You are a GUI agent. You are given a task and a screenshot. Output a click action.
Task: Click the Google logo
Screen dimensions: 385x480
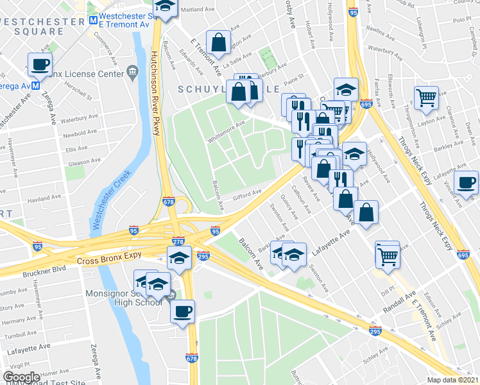pyautogui.click(x=21, y=377)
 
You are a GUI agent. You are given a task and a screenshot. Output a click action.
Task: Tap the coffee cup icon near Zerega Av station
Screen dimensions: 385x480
pyautogui.click(x=41, y=65)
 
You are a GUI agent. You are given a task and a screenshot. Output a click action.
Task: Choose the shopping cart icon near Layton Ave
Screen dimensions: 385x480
pyautogui.click(x=426, y=98)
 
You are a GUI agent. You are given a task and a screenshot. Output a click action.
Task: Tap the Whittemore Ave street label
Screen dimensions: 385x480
pyautogui.click(x=226, y=132)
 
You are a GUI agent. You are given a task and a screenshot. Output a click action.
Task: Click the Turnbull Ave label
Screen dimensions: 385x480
pyautogui.click(x=18, y=335)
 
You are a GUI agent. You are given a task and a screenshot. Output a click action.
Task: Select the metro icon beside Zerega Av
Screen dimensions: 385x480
pyautogui.click(x=36, y=85)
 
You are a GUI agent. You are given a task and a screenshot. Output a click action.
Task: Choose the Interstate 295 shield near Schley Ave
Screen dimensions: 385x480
pyautogui.click(x=375, y=331)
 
